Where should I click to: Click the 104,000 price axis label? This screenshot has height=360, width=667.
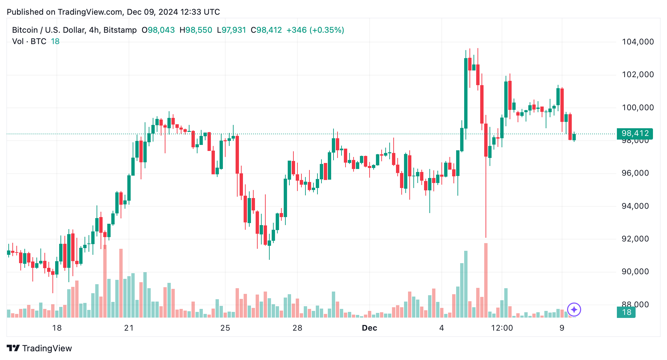click(637, 42)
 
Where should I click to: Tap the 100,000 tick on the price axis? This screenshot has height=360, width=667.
click(637, 108)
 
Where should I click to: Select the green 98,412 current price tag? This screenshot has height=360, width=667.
click(634, 134)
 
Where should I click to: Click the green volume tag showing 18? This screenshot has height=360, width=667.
click(626, 312)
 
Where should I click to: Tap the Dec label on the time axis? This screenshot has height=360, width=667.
click(369, 328)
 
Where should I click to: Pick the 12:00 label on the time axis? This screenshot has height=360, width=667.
click(502, 328)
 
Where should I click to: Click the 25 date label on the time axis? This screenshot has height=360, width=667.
click(225, 328)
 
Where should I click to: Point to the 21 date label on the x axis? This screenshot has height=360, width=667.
click(129, 328)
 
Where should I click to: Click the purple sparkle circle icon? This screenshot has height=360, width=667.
click(574, 310)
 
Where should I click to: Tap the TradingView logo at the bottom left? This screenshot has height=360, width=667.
click(39, 348)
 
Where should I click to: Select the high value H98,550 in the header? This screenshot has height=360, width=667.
click(196, 30)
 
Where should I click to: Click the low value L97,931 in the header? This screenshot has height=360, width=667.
click(232, 30)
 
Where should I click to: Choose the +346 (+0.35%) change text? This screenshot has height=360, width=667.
click(315, 30)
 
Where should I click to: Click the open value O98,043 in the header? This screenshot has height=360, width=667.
click(158, 30)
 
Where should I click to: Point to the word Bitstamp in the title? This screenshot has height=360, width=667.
click(120, 30)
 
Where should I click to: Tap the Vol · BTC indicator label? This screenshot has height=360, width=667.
click(29, 41)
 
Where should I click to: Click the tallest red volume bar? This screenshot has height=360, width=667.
click(486, 281)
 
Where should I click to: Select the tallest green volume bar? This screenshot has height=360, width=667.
click(465, 284)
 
